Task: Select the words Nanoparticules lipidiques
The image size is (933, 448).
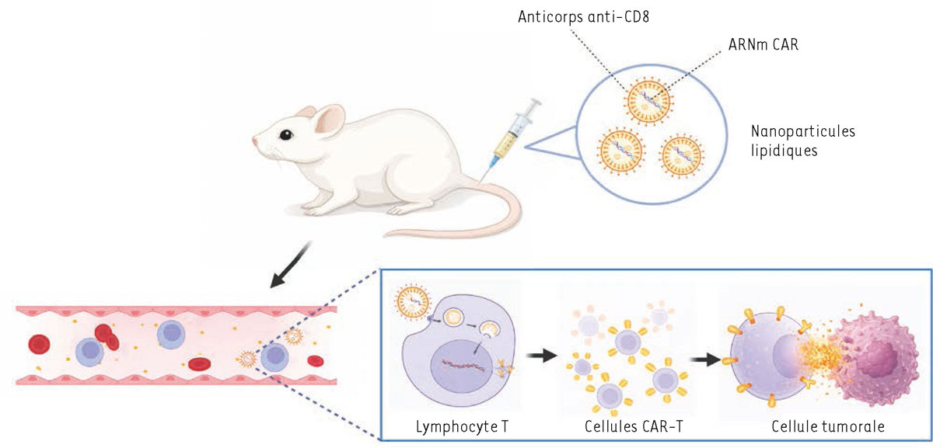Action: pyautogui.click(x=803, y=141)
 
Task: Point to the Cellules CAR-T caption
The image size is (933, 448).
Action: pyautogui.click(x=625, y=427)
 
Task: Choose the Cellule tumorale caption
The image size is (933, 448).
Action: pyautogui.click(x=827, y=427)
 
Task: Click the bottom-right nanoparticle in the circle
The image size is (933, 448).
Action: pyautogui.click(x=681, y=154)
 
